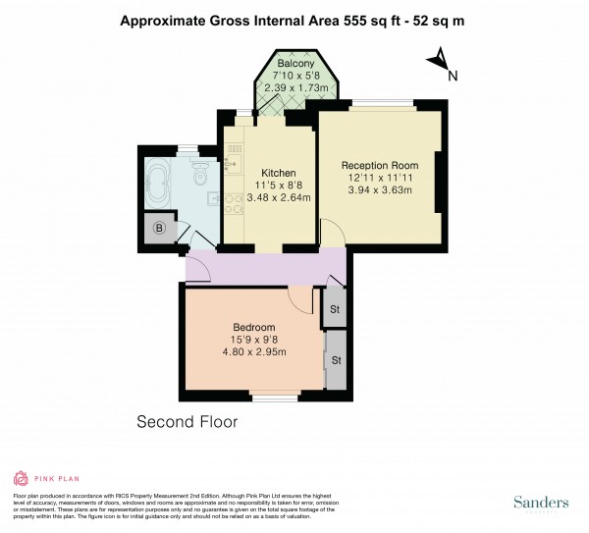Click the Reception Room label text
pos(380,165)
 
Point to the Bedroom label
pos(253,327)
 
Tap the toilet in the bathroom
pos(197,177)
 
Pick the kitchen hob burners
pos(235,201)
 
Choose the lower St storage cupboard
pos(336,360)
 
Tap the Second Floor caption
pos(187,422)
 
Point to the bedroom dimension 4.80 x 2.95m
pos(253,353)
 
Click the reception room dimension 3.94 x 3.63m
pos(380,191)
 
